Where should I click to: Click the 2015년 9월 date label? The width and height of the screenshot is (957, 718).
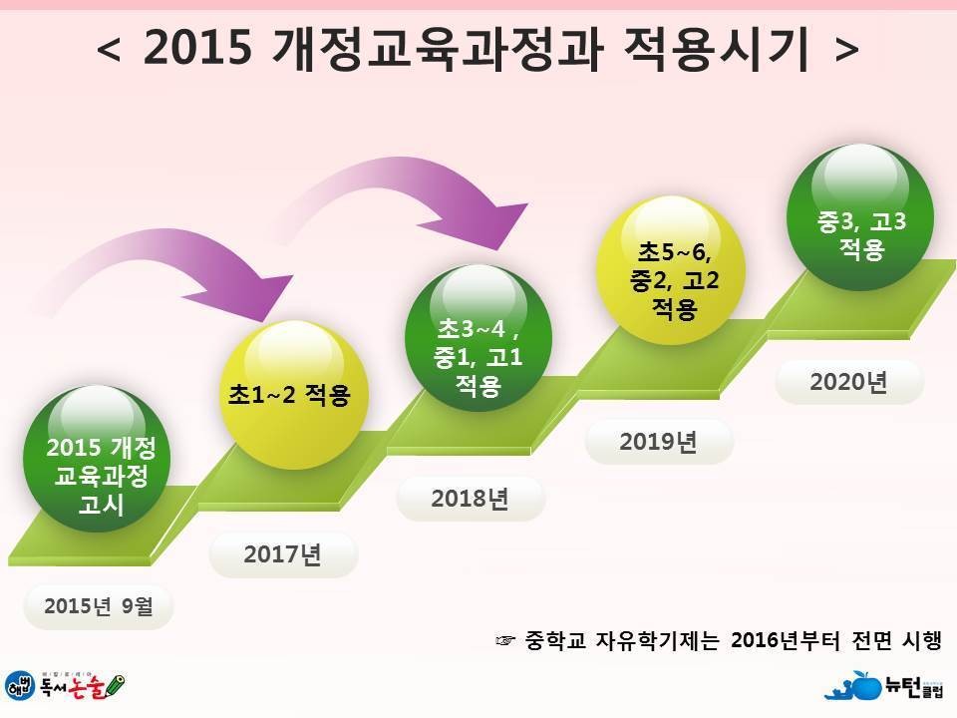(99, 606)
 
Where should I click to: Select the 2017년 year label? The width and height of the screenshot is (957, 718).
(282, 554)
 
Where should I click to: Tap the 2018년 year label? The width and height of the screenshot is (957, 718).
(470, 499)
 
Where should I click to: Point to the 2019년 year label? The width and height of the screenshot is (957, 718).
(658, 442)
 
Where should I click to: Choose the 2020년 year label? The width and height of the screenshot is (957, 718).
(848, 382)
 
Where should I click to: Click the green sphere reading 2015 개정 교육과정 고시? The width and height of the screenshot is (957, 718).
(97, 458)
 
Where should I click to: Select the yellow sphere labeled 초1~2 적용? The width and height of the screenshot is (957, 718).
(293, 395)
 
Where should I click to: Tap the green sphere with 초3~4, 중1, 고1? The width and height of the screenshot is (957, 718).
(478, 338)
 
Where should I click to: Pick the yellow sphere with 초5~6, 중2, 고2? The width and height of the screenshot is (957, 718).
(671, 270)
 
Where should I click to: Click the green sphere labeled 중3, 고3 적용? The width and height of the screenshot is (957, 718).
(860, 217)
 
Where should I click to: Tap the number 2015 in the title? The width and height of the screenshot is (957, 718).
(197, 47)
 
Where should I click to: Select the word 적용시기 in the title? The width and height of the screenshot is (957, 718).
(716, 47)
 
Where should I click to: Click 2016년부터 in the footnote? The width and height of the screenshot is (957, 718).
(785, 640)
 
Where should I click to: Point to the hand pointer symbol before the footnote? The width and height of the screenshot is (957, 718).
(506, 640)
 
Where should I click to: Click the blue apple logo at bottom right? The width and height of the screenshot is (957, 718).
(862, 686)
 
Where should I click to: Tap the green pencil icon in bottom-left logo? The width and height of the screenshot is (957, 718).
(114, 686)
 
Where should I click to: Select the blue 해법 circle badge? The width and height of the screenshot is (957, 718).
(20, 685)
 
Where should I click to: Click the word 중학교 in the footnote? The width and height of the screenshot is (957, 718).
(555, 640)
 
